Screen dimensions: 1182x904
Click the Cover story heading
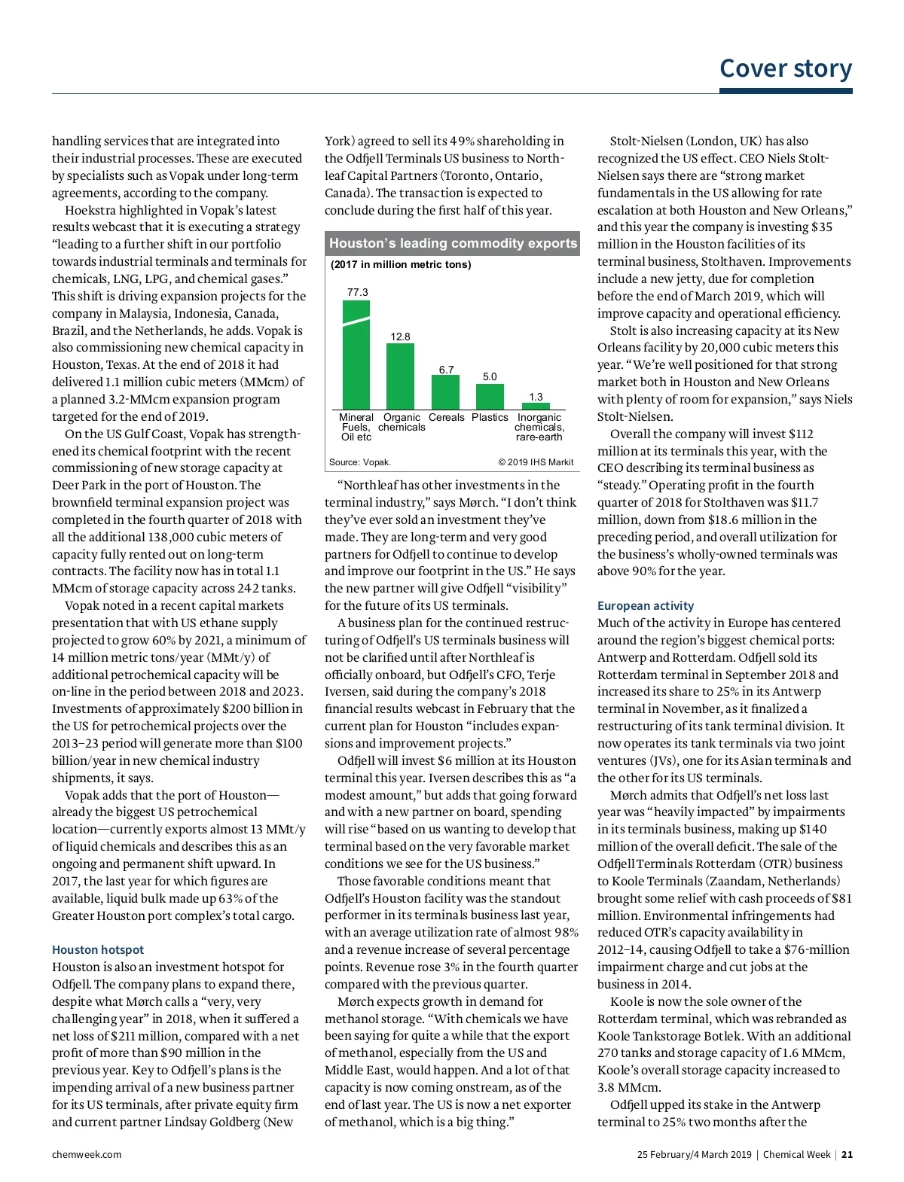[785, 69]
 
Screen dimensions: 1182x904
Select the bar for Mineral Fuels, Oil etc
[356, 355]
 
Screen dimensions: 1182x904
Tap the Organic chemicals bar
[400, 376]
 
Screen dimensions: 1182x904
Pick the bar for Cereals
[445, 391]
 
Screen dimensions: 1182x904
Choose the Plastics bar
[490, 397]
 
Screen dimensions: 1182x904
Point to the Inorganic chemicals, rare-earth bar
[536, 407]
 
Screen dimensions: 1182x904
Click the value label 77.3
[357, 292]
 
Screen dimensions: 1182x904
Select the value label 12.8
[400, 337]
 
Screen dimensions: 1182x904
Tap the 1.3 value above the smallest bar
[536, 397]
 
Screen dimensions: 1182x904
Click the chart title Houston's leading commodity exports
[453, 243]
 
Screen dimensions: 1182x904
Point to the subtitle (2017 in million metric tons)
[401, 264]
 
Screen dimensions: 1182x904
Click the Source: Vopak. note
[360, 462]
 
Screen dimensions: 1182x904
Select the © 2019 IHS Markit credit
[536, 462]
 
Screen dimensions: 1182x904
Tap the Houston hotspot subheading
[98, 950]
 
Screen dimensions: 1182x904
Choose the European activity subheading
[646, 606]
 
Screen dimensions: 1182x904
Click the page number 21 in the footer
[847, 1154]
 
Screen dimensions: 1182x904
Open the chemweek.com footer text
[87, 1154]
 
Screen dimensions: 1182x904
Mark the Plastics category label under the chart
[490, 417]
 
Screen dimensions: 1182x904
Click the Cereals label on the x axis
[446, 417]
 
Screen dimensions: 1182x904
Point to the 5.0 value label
[490, 376]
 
